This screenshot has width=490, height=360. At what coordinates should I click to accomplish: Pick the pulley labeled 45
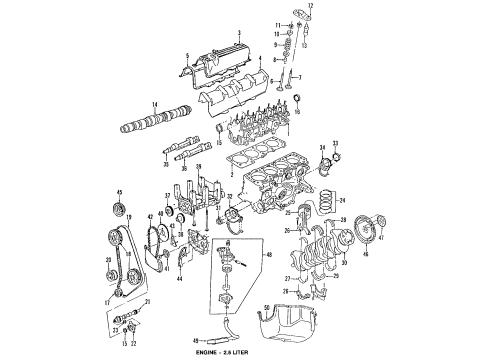[119, 208]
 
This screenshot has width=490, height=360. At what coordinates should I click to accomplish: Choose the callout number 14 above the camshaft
[154, 104]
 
